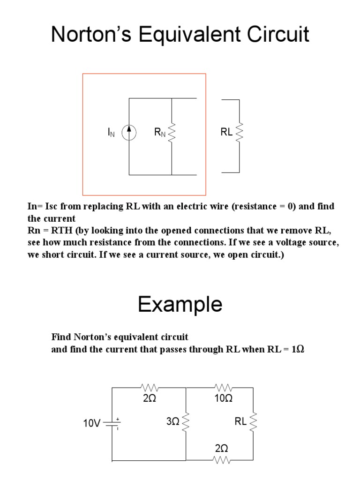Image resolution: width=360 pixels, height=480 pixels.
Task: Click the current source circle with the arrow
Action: click(x=129, y=133)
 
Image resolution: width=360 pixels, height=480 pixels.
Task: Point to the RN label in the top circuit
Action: click(x=160, y=133)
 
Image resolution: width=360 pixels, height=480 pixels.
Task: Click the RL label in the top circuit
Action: click(x=226, y=133)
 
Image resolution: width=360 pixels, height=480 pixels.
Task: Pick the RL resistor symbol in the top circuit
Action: click(x=240, y=133)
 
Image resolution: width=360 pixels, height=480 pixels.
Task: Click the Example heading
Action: click(x=180, y=305)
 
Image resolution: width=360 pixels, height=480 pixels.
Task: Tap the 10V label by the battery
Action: click(x=92, y=423)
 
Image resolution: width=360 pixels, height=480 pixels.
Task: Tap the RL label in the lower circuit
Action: click(x=240, y=422)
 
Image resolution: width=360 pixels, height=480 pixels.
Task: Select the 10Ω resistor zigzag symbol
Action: click(x=224, y=388)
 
